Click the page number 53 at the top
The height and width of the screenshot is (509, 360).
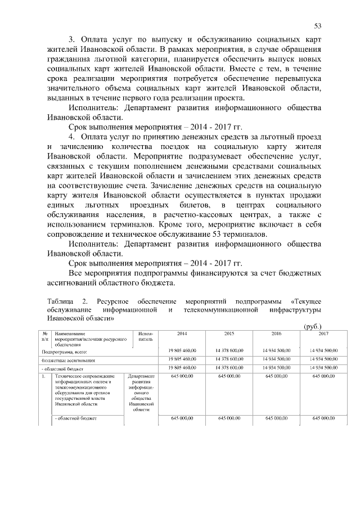[x=318, y=26]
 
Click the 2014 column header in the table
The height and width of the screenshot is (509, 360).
[x=182, y=334]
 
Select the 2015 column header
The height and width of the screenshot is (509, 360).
[x=229, y=334]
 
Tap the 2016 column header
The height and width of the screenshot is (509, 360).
[x=276, y=334]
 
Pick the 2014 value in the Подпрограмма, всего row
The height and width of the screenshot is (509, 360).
[x=182, y=351]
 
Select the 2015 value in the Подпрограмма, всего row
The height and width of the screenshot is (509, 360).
[x=229, y=351]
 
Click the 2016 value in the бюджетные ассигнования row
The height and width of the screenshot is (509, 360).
[x=276, y=359]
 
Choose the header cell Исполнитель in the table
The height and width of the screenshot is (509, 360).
[x=145, y=337]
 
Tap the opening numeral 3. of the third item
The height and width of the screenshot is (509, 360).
[x=72, y=40]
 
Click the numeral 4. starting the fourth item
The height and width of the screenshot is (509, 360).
[x=72, y=137]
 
